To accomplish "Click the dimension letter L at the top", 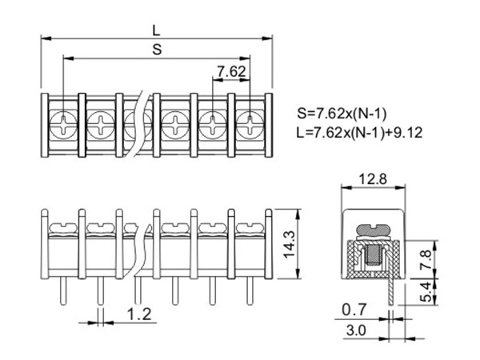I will (x=157, y=29).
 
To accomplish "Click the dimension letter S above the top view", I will (x=157, y=50).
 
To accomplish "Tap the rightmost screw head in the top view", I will (x=250, y=124).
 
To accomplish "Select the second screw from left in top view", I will (x=100, y=124).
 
